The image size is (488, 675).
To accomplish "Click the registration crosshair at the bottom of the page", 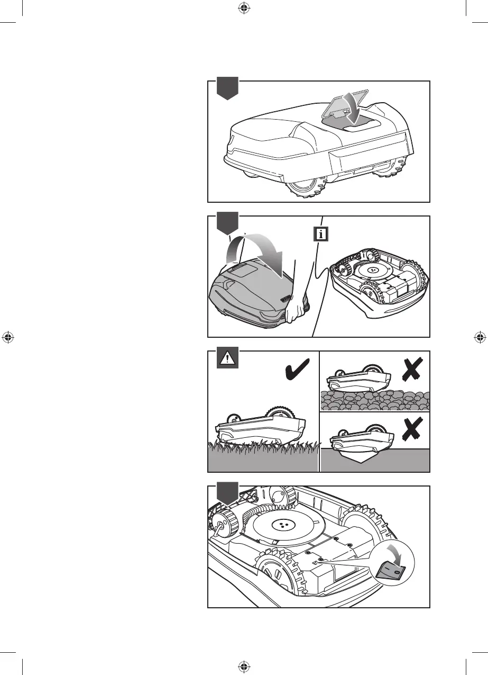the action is pyautogui.click(x=244, y=666).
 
